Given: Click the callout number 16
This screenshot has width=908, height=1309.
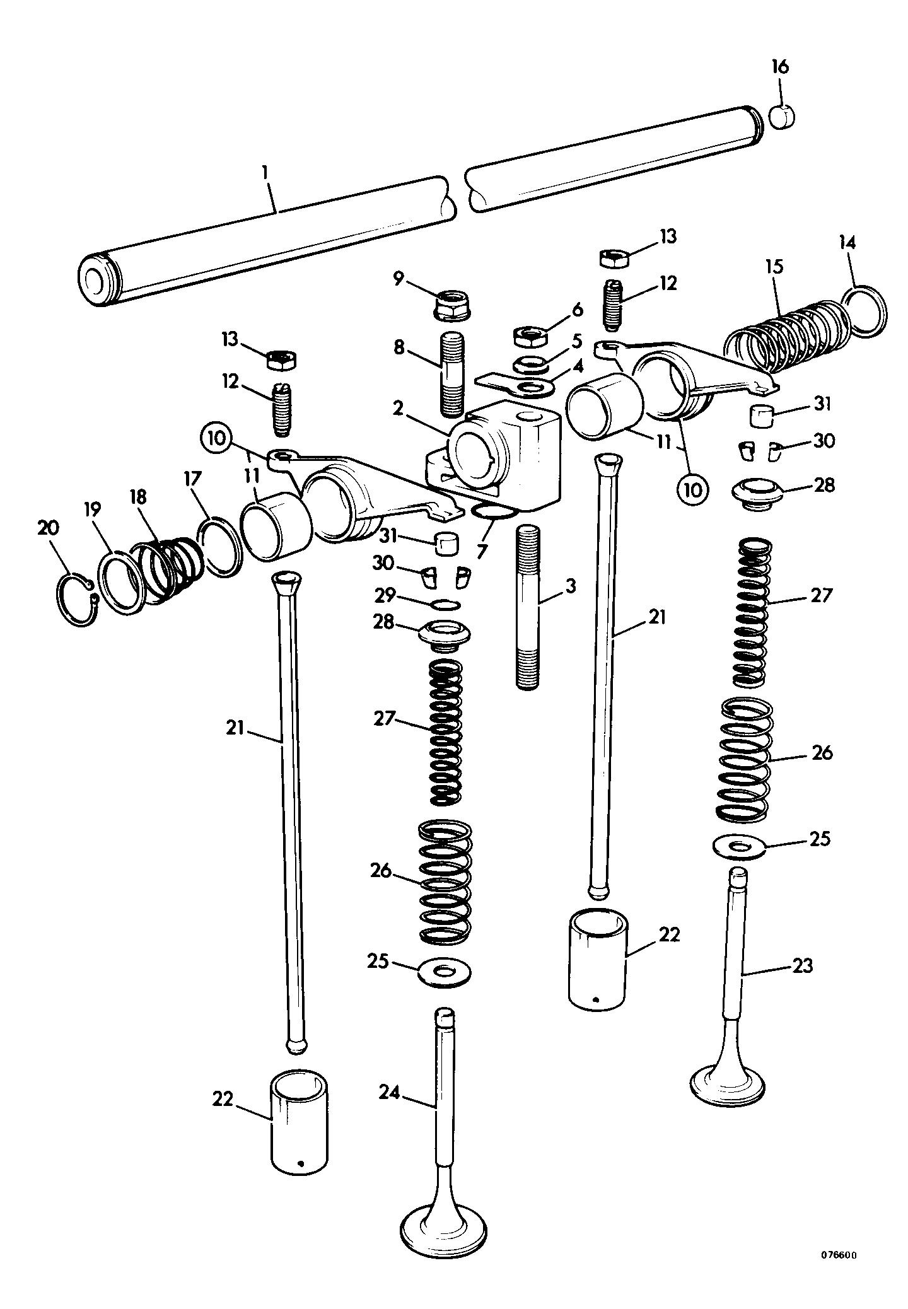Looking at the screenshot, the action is (780, 67).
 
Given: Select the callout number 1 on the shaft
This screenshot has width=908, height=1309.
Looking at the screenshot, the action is (265, 172).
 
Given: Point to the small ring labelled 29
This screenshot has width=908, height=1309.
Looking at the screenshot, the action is (446, 605).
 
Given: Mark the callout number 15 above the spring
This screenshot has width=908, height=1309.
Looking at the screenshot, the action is (774, 266).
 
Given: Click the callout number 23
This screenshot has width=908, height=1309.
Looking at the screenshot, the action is (802, 965).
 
